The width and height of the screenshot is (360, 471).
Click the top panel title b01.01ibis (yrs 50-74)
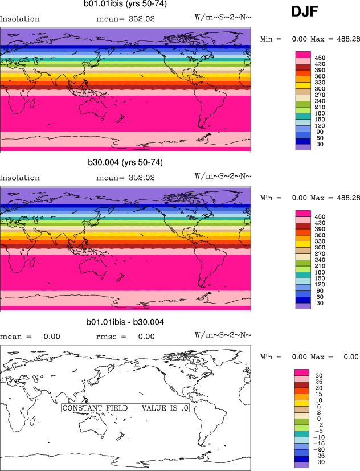[125, 5]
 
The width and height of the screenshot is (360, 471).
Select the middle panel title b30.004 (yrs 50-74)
[125, 163]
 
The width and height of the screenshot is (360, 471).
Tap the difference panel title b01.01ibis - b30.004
[125, 322]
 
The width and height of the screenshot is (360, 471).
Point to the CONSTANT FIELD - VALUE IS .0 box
[125, 408]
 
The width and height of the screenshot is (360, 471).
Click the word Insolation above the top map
[20, 19]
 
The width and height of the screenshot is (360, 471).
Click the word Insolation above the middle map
[20, 178]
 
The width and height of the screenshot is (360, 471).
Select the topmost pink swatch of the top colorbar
[302, 54]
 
